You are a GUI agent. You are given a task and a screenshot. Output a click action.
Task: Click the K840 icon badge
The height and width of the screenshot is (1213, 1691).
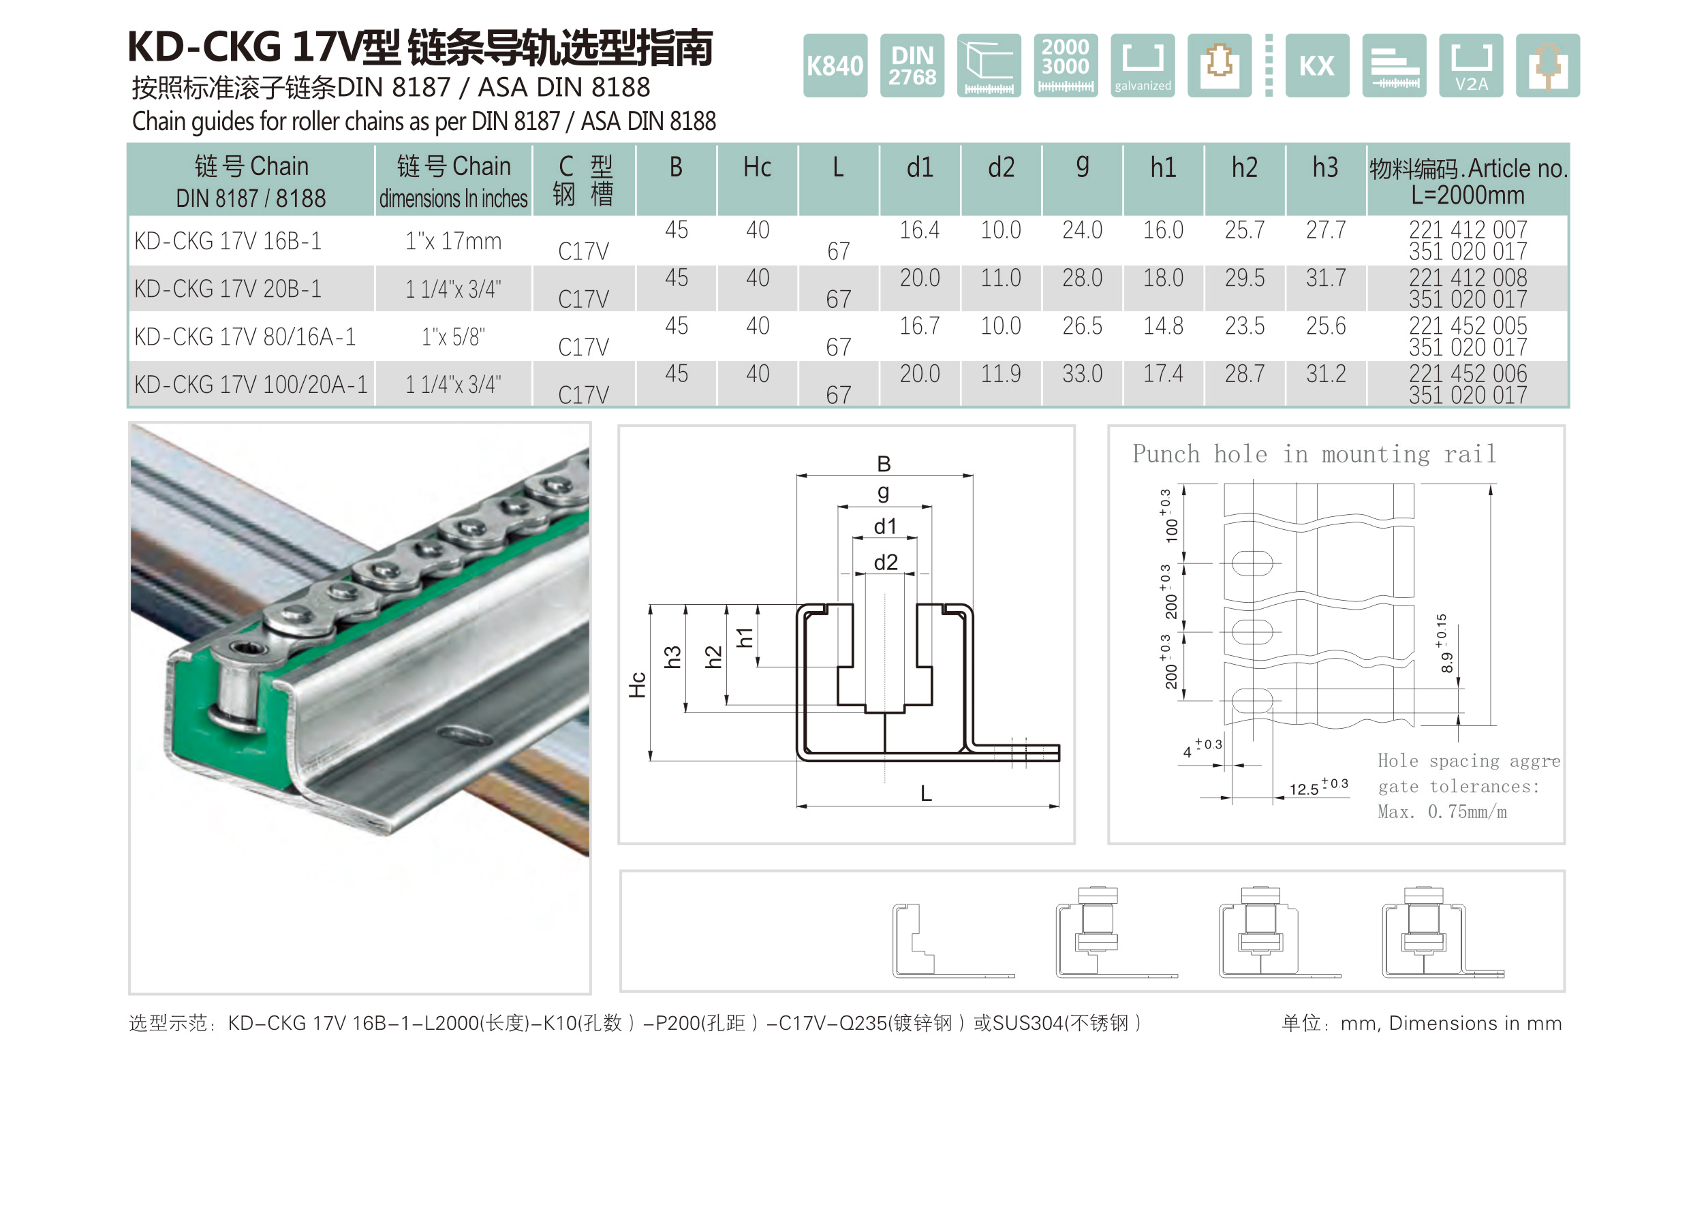[x=835, y=65]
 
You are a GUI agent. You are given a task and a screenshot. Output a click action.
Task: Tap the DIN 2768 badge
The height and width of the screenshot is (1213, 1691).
[x=911, y=65]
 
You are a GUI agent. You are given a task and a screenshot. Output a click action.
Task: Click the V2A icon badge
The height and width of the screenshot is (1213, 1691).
[x=1470, y=65]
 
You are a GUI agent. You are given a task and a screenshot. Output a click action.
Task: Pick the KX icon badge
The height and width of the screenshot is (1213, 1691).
[x=1317, y=65]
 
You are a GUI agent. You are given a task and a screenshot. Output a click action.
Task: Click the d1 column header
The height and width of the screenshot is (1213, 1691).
[x=919, y=167]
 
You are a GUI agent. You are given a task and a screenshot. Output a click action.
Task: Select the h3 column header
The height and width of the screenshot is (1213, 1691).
[x=1325, y=167]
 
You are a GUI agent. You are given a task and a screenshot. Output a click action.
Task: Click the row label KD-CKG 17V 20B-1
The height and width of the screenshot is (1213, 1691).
[x=228, y=289]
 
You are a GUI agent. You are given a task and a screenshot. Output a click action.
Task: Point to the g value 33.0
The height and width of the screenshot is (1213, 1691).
[x=1081, y=373]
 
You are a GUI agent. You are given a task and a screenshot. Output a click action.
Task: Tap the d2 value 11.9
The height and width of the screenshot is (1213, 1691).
[x=1000, y=373]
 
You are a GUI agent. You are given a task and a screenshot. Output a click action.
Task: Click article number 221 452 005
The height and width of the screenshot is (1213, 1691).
[x=1467, y=326]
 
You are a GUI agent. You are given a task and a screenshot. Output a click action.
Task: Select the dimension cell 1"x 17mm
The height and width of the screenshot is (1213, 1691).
[x=452, y=241]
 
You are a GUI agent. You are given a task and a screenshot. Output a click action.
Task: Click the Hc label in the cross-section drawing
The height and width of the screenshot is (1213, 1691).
[x=637, y=684]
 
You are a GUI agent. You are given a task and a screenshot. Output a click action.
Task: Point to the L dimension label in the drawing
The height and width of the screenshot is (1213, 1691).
[x=925, y=793]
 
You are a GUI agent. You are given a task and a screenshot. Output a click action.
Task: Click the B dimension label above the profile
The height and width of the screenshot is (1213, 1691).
[x=884, y=464]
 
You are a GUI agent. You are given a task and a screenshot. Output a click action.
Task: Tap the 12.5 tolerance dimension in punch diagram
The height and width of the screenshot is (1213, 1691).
[x=1317, y=787]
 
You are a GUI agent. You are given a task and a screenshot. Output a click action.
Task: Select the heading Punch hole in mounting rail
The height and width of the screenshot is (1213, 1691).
[x=1314, y=454]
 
